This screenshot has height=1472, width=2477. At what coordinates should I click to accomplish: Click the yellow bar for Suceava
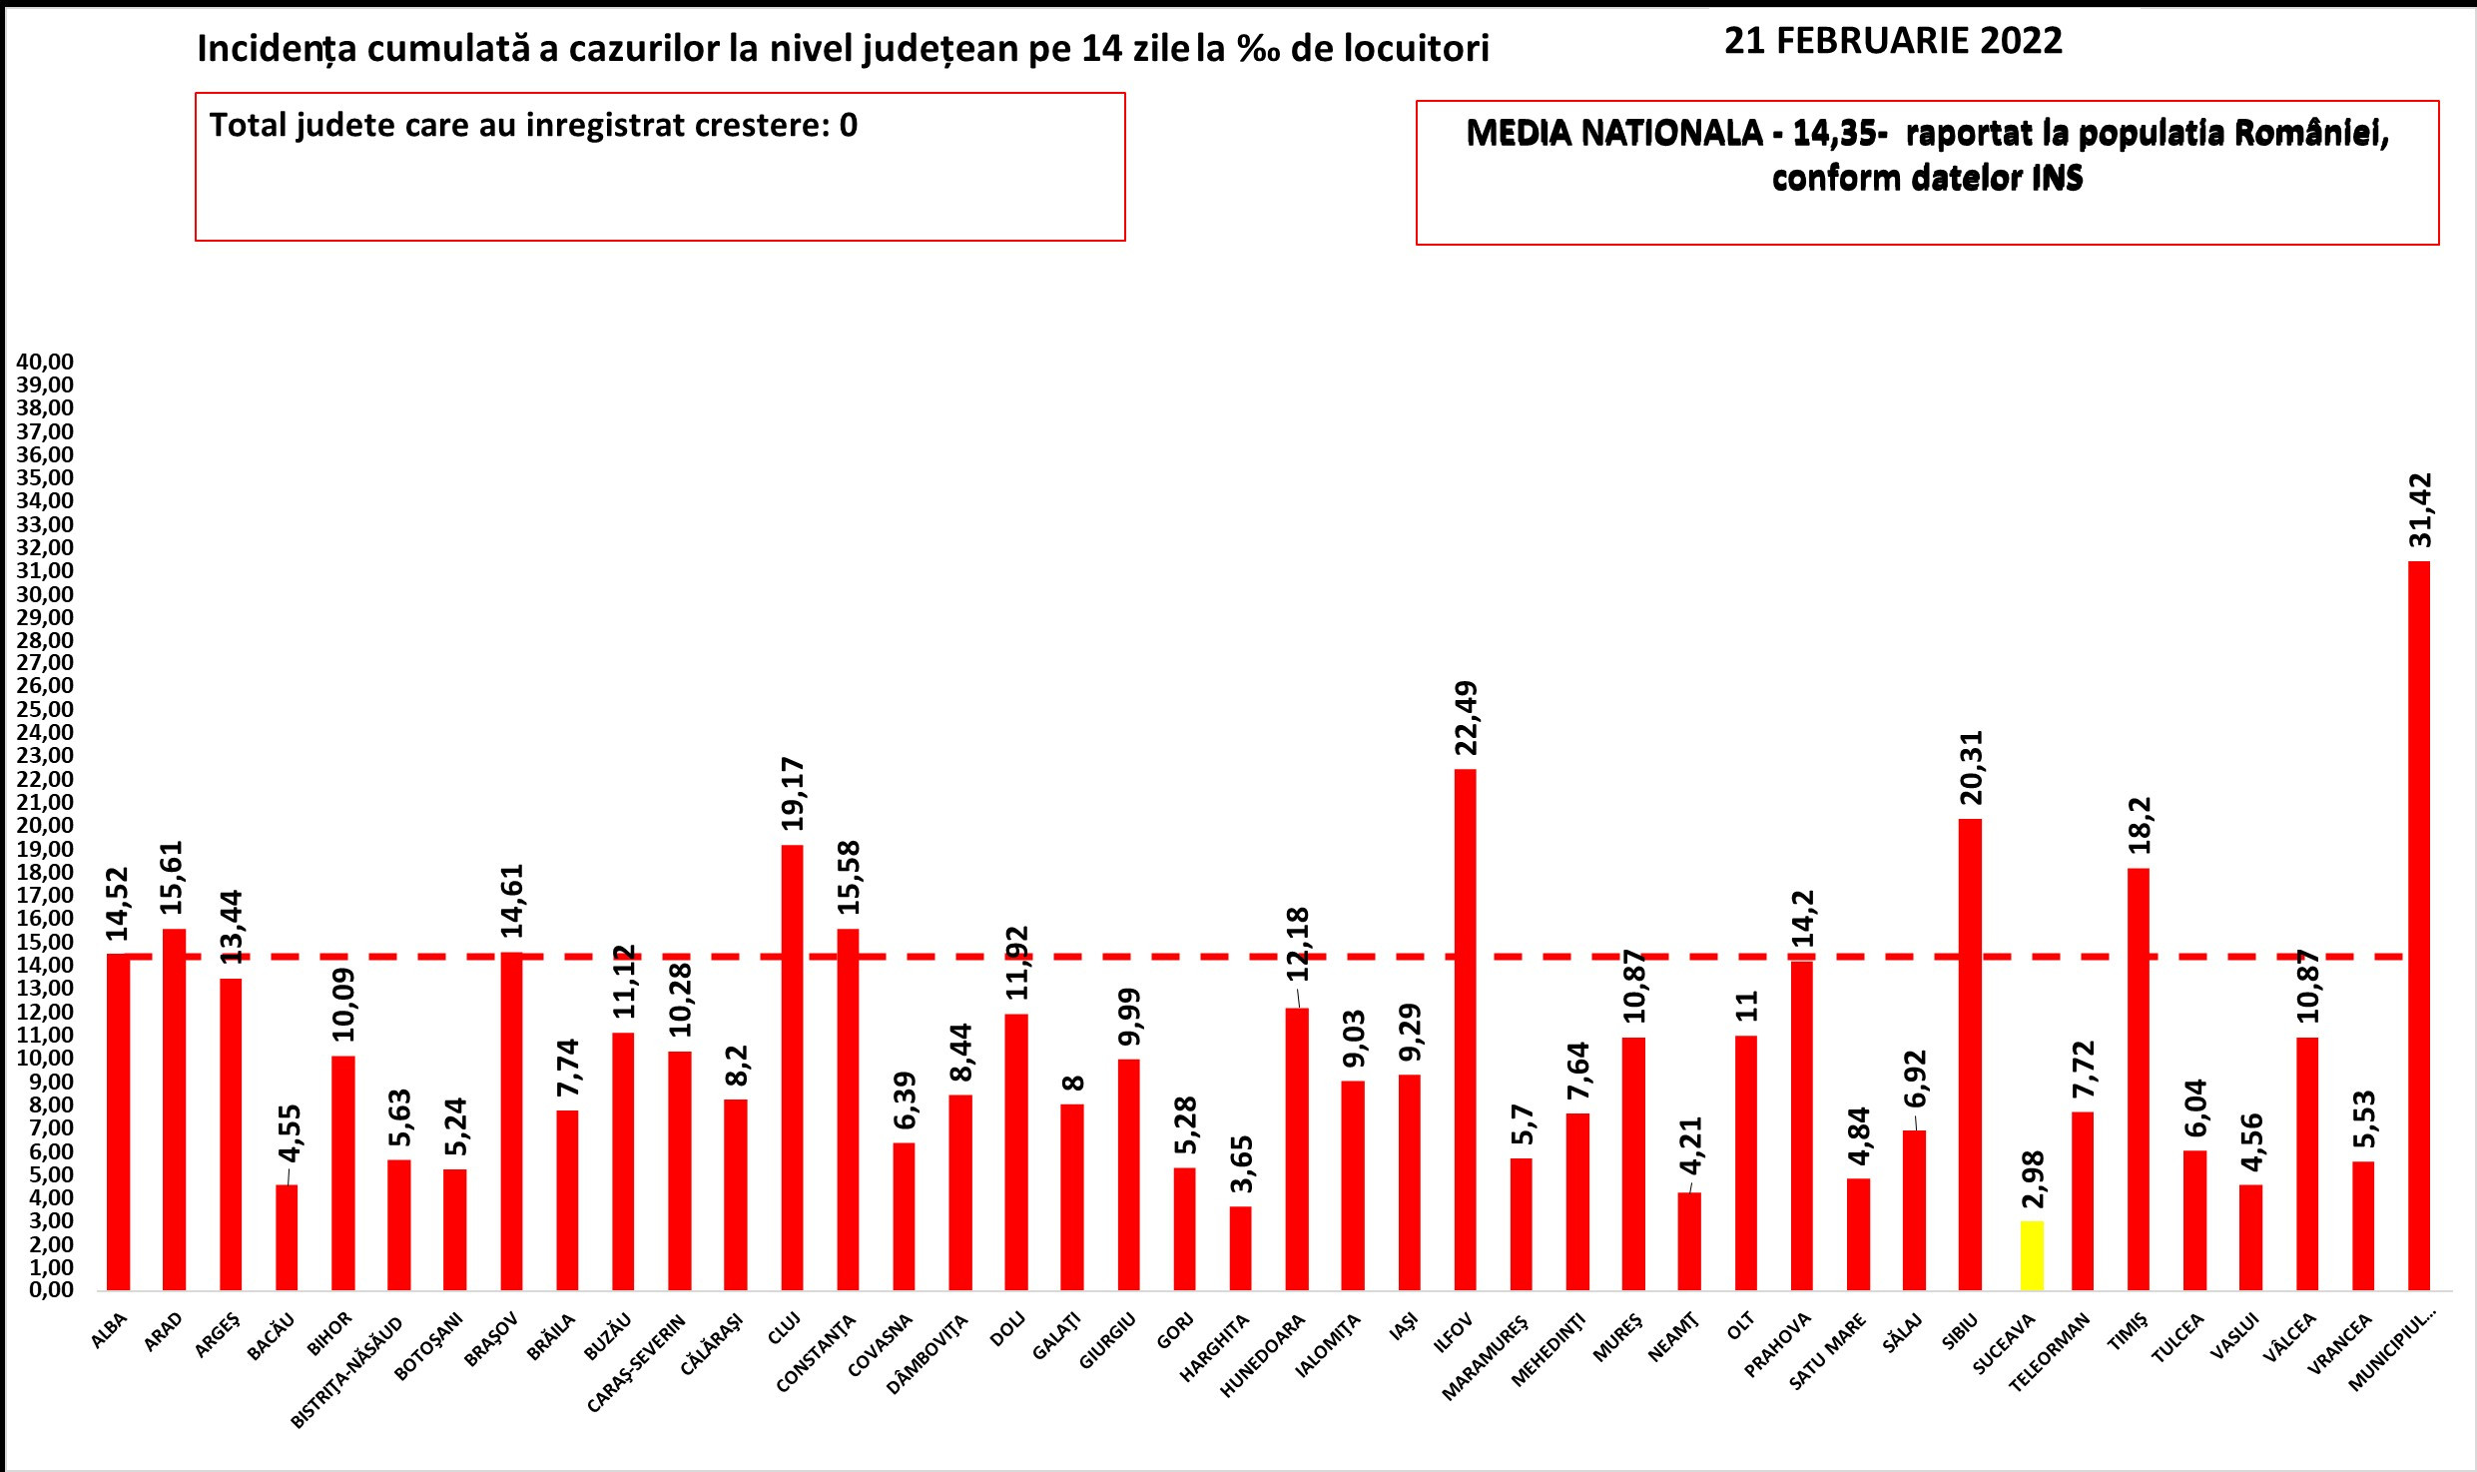(x=2032, y=1255)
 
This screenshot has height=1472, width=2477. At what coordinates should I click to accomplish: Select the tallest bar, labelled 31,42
(x=2419, y=925)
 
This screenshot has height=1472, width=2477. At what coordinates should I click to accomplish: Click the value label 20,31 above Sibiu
(x=1971, y=767)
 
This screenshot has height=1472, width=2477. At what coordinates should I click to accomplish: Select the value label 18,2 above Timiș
(x=2140, y=825)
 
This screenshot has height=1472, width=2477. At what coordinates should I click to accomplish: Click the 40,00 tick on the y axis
(x=45, y=362)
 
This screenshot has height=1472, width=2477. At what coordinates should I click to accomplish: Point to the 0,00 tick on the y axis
(x=45, y=1289)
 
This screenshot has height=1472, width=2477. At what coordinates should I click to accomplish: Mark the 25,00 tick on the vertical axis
(x=45, y=709)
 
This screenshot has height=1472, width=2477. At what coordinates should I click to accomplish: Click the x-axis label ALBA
(x=110, y=1332)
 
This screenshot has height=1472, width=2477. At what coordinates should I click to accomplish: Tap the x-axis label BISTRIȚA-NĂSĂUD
(x=347, y=1372)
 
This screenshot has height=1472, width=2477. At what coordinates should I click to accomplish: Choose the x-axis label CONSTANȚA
(x=817, y=1354)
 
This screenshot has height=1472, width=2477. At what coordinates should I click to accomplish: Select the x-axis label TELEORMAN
(x=2050, y=1354)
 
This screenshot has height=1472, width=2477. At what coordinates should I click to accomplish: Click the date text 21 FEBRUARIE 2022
(x=1893, y=41)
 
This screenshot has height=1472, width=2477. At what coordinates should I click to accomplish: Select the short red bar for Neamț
(x=1689, y=1240)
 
